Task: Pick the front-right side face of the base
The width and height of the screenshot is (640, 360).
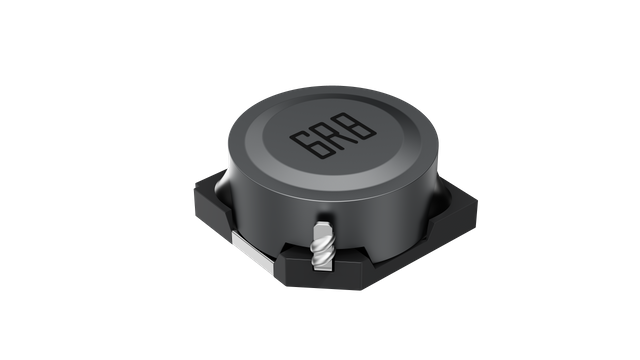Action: pyautogui.click(x=400, y=250)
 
